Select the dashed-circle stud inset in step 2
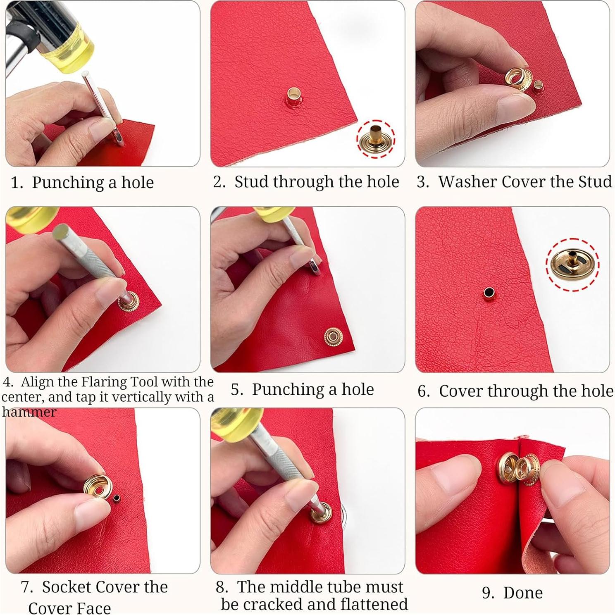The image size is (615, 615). (x=376, y=138)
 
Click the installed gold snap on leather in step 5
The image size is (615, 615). (x=332, y=337)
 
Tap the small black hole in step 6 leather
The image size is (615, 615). (x=489, y=293)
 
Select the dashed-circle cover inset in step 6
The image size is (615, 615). (x=572, y=265)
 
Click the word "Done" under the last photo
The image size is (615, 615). (x=523, y=593)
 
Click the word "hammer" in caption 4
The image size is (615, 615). (x=29, y=412)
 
